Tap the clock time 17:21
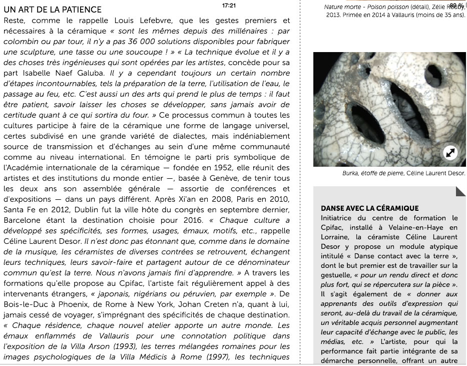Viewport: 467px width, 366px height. pyautogui.click(x=229, y=6)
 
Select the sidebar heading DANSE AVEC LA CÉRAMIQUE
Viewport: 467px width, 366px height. pyautogui.click(x=369, y=208)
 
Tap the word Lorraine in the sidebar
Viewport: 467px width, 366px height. pyautogui.click(x=335, y=237)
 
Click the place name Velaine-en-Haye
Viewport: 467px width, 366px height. pyautogui.click(x=415, y=227)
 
